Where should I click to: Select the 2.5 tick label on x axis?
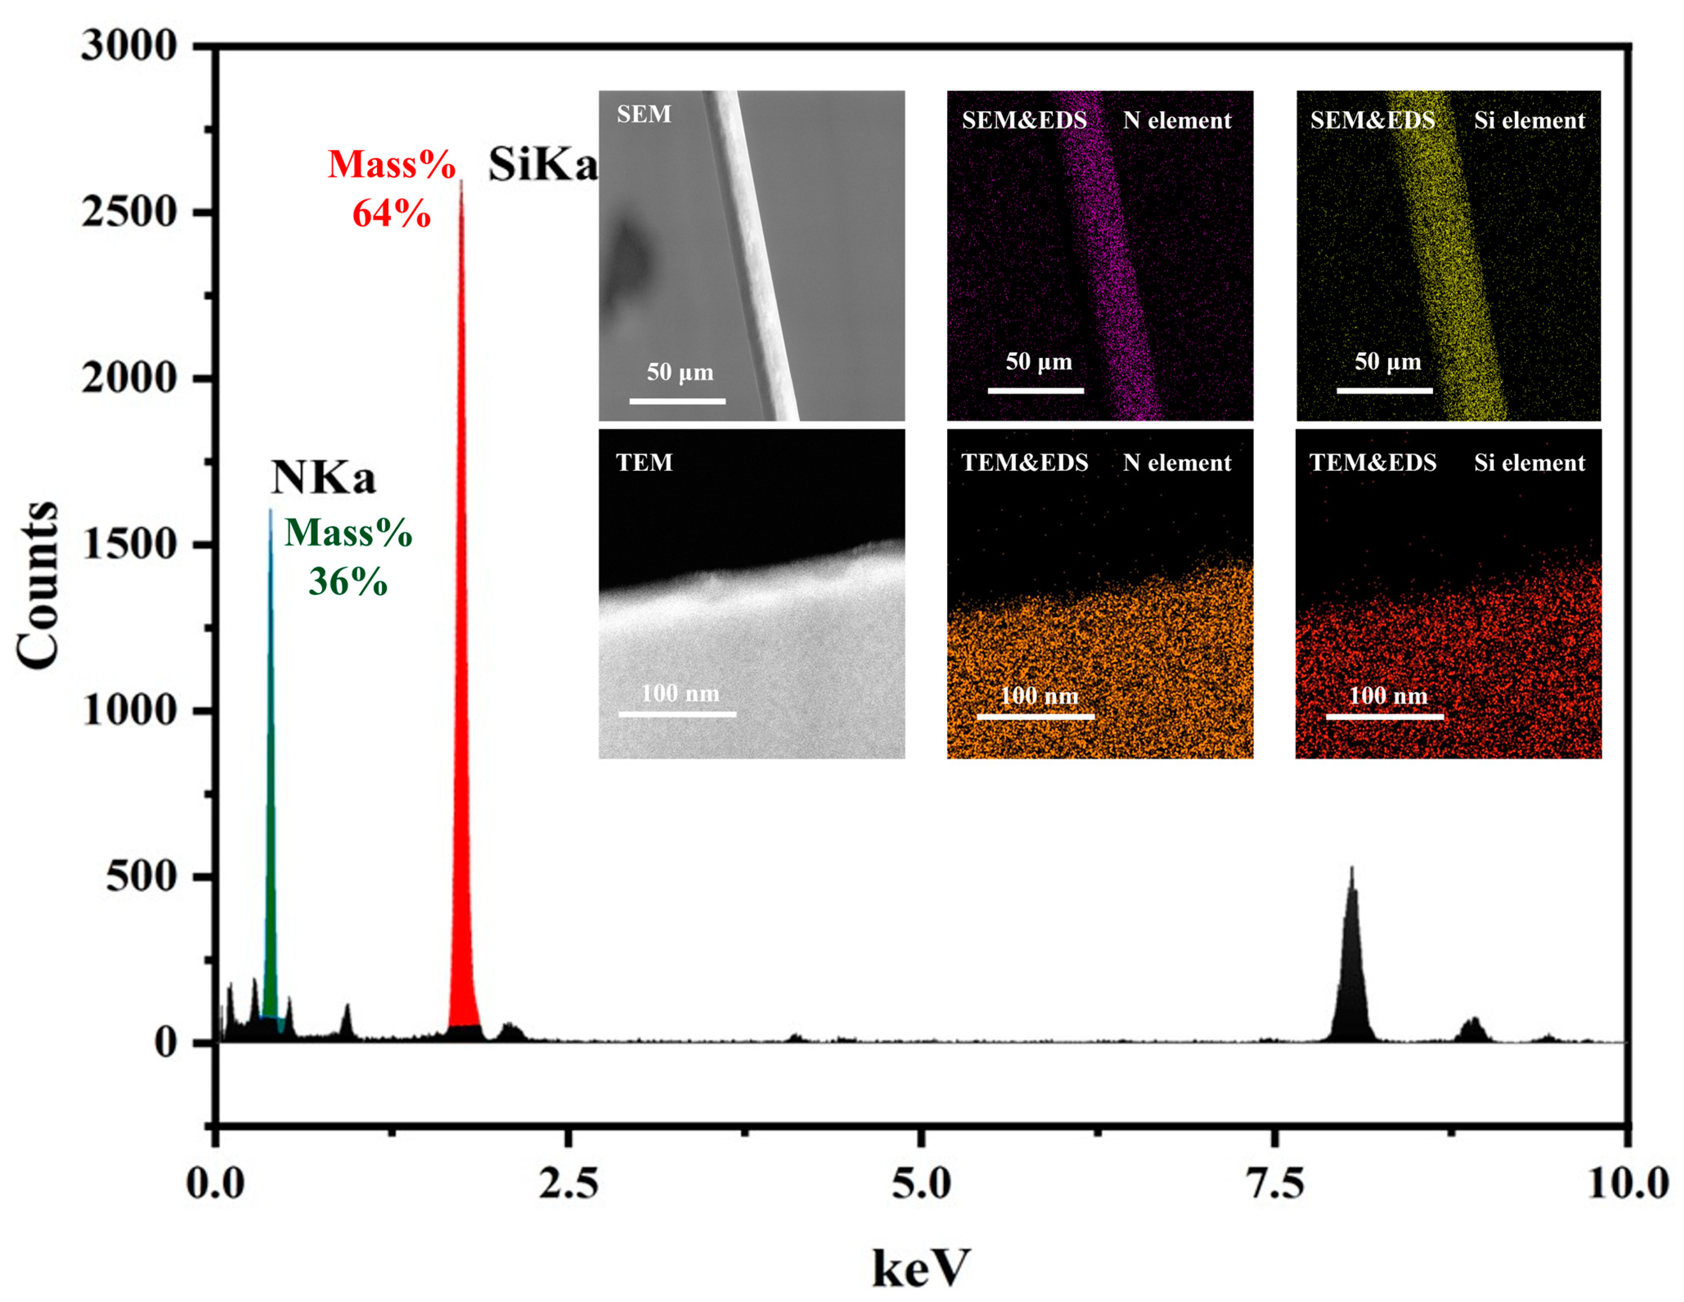568,1183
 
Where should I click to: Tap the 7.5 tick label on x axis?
1275,1183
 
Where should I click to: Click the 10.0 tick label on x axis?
1627,1183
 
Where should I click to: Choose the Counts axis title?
37,586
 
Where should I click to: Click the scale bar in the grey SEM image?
677,401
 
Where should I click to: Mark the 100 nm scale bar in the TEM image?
677,714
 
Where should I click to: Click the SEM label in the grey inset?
644,114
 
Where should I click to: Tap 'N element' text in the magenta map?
1177,120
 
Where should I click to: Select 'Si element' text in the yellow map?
1529,120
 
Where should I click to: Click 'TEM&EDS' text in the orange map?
1025,462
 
